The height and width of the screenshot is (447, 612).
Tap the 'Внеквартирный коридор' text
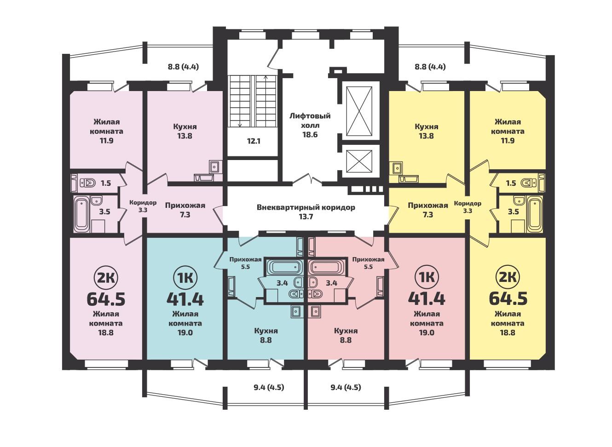pos(306,207)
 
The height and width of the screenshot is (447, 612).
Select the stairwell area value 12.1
pos(254,141)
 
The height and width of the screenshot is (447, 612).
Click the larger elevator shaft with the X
pos(359,111)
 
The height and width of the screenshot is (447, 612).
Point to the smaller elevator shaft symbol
pos(359,161)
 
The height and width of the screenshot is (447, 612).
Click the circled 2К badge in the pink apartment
pos(106,278)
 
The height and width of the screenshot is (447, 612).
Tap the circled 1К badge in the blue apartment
pos(185,278)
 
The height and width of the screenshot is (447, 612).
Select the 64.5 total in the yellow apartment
pos(508,299)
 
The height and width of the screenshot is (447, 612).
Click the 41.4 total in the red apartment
pos(427,299)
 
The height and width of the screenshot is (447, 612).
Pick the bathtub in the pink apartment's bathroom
pos(81,214)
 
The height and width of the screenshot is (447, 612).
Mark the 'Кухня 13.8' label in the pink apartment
pos(185,132)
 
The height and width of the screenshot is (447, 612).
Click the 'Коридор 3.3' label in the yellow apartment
pos(468,207)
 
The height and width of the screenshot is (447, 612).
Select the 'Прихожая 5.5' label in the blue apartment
pos(245,263)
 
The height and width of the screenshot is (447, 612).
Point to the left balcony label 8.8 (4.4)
pos(183,67)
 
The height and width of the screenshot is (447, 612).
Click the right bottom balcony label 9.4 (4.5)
pos(346,387)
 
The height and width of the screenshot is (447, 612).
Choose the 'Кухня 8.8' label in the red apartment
pos(346,336)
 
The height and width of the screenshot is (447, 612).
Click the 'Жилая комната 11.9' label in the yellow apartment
pos(508,131)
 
